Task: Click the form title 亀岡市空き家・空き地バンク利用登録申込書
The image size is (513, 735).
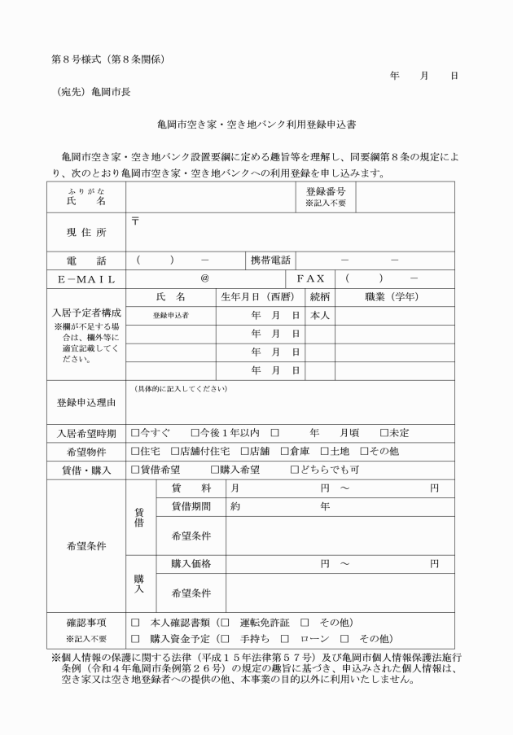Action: click(x=256, y=126)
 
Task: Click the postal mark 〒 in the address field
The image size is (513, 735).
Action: click(x=135, y=221)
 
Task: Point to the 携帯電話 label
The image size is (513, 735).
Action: click(x=270, y=260)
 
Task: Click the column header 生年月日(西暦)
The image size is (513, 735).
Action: click(x=257, y=297)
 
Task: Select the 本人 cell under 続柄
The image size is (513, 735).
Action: click(x=320, y=315)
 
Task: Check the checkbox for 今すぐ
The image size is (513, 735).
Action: click(x=136, y=432)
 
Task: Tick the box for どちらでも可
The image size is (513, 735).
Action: click(x=295, y=470)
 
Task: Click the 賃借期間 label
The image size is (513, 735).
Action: click(x=191, y=506)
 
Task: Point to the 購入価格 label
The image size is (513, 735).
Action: click(x=191, y=563)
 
